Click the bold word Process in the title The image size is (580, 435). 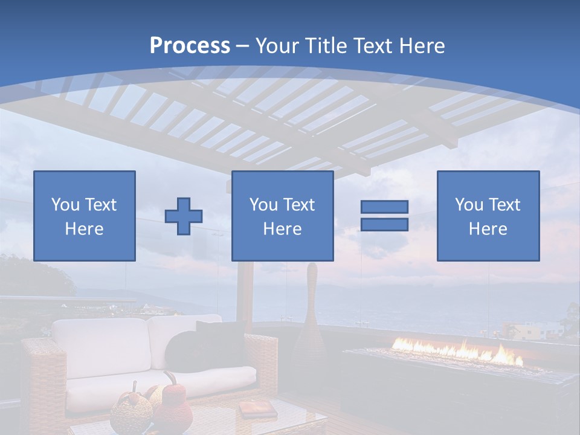[190, 46]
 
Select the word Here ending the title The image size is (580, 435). [422, 46]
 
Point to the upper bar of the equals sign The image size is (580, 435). [384, 207]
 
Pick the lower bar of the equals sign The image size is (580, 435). [384, 225]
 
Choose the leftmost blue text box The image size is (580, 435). [85, 216]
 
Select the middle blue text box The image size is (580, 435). [282, 216]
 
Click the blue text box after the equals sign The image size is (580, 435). [488, 216]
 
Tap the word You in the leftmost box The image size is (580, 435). [64, 205]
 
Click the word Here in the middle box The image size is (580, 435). [282, 229]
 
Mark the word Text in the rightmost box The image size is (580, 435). [504, 205]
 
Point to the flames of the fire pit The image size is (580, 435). [459, 352]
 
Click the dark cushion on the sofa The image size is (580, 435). [193, 347]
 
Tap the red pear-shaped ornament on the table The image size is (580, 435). [172, 405]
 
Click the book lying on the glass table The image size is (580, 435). [258, 410]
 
